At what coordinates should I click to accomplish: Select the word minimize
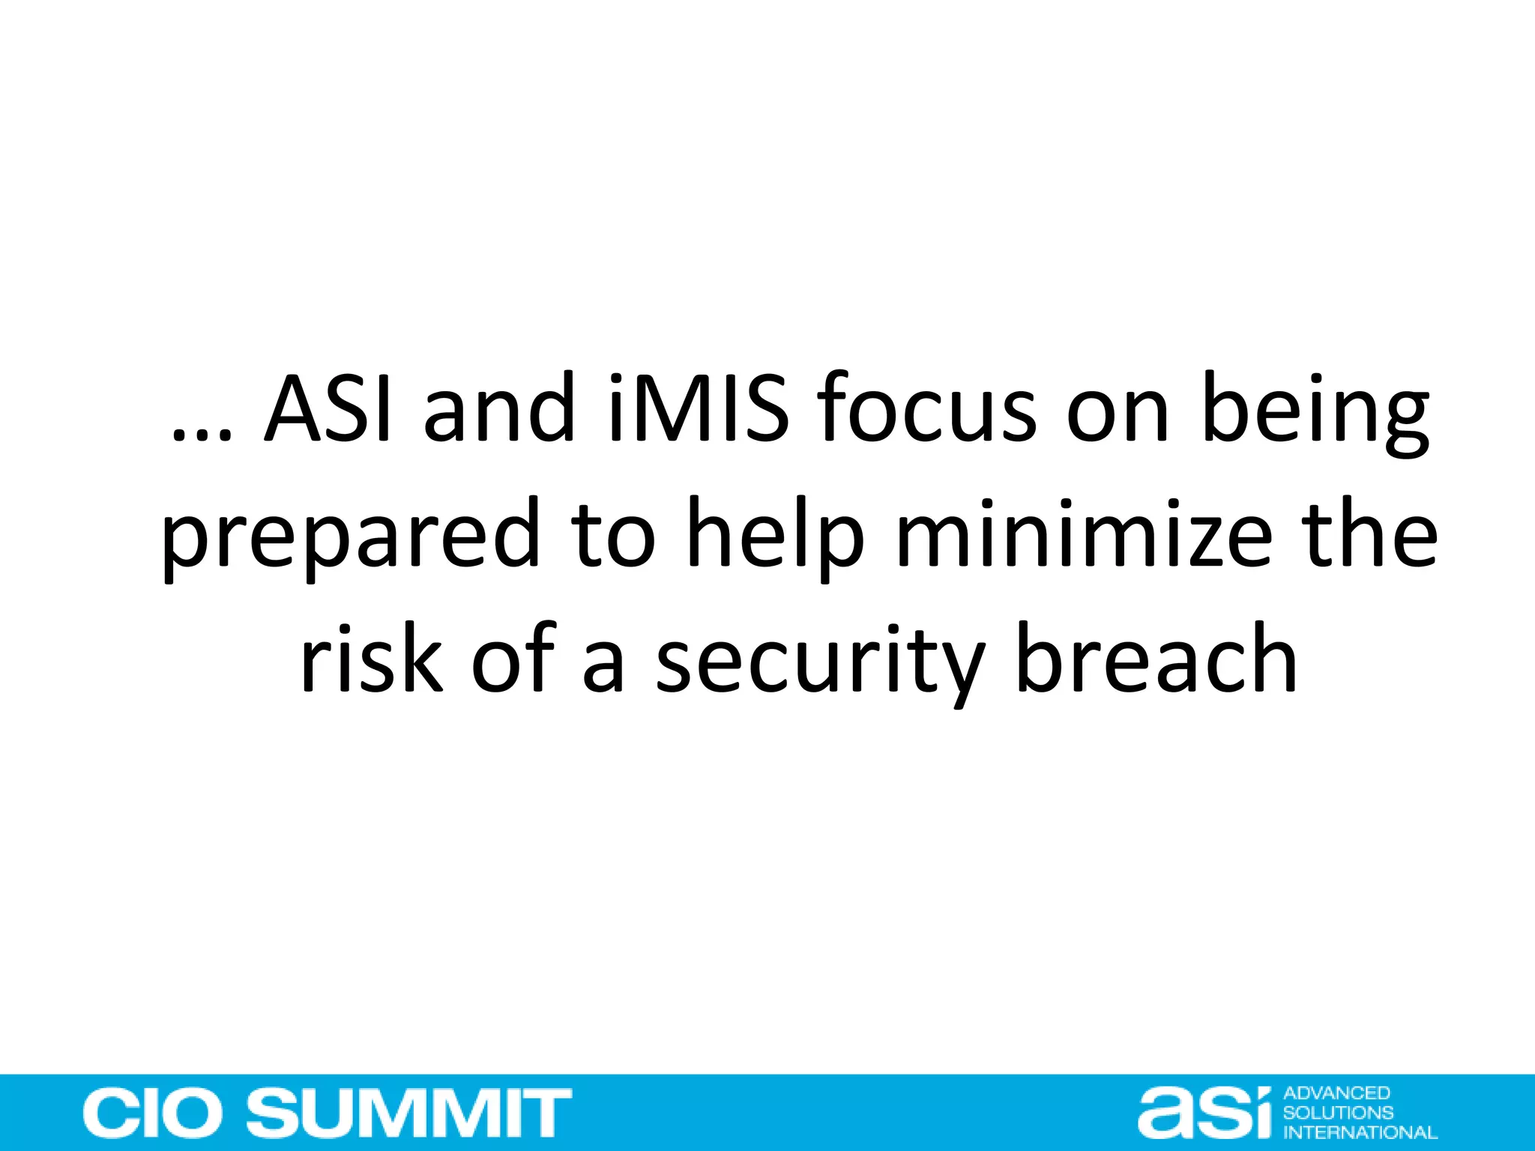(x=1084, y=535)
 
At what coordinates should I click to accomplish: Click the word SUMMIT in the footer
(x=409, y=1114)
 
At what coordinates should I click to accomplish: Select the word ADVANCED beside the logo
(x=1336, y=1093)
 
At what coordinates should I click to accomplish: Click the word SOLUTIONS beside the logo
(x=1338, y=1113)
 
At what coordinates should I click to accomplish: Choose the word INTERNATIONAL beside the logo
(x=1360, y=1132)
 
